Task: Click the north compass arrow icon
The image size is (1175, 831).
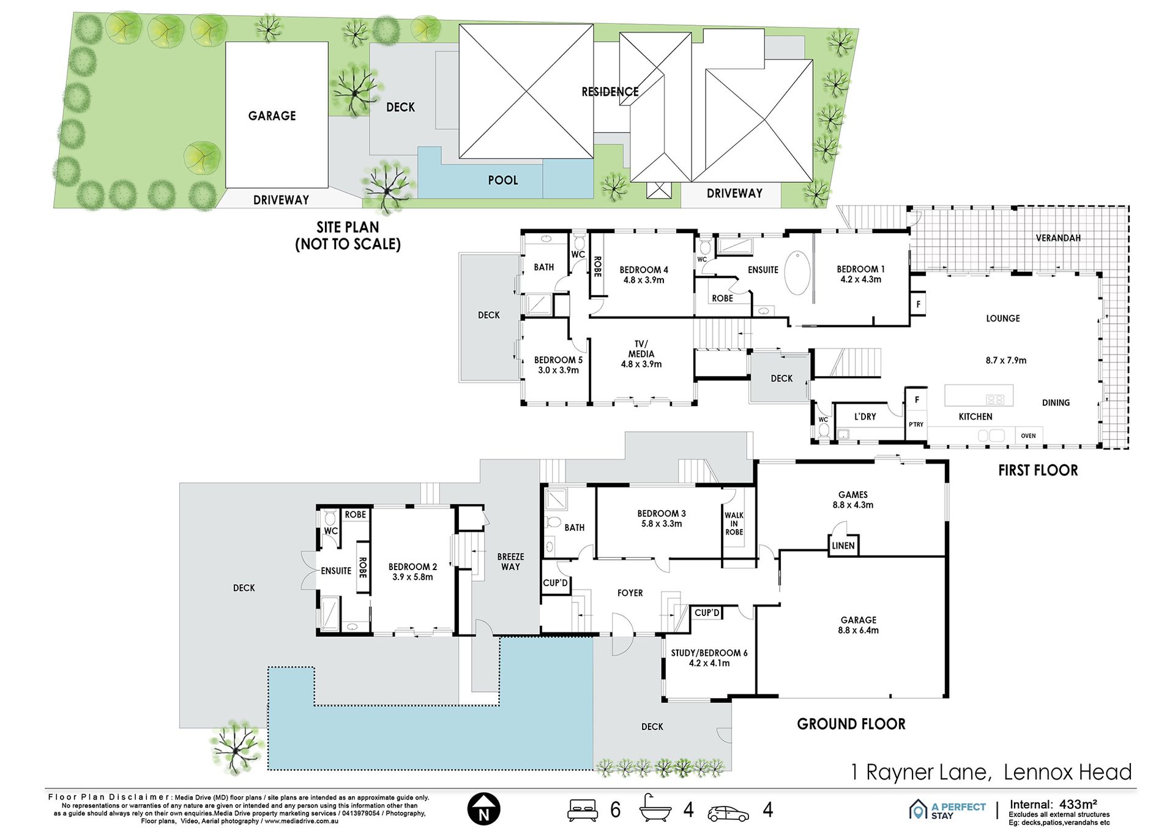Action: [x=483, y=809]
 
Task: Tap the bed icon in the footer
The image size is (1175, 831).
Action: [x=582, y=810]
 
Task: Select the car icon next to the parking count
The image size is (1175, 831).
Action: [x=728, y=813]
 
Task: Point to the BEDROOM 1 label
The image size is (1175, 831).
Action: [x=860, y=269]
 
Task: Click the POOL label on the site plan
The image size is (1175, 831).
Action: [x=503, y=180]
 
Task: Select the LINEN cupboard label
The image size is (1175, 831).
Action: [x=843, y=546]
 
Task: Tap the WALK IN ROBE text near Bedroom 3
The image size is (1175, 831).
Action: [x=734, y=524]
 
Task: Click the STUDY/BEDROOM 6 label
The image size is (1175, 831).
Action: [x=709, y=653]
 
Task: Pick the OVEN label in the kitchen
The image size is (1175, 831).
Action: [x=1028, y=436]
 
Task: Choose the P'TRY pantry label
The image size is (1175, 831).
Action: [x=916, y=424]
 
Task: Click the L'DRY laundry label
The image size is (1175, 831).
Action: [x=865, y=416]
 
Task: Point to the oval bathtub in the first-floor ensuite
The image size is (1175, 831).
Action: [x=797, y=273]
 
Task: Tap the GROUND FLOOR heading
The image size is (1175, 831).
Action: [x=851, y=724]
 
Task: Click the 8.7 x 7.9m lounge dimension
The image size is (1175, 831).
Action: [x=1006, y=360]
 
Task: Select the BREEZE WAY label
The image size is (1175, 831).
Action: [x=511, y=562]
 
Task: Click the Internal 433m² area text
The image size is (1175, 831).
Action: [x=1053, y=804]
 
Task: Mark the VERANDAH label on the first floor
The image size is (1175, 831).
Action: [x=1058, y=238]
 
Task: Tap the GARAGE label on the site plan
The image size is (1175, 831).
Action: [x=272, y=116]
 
